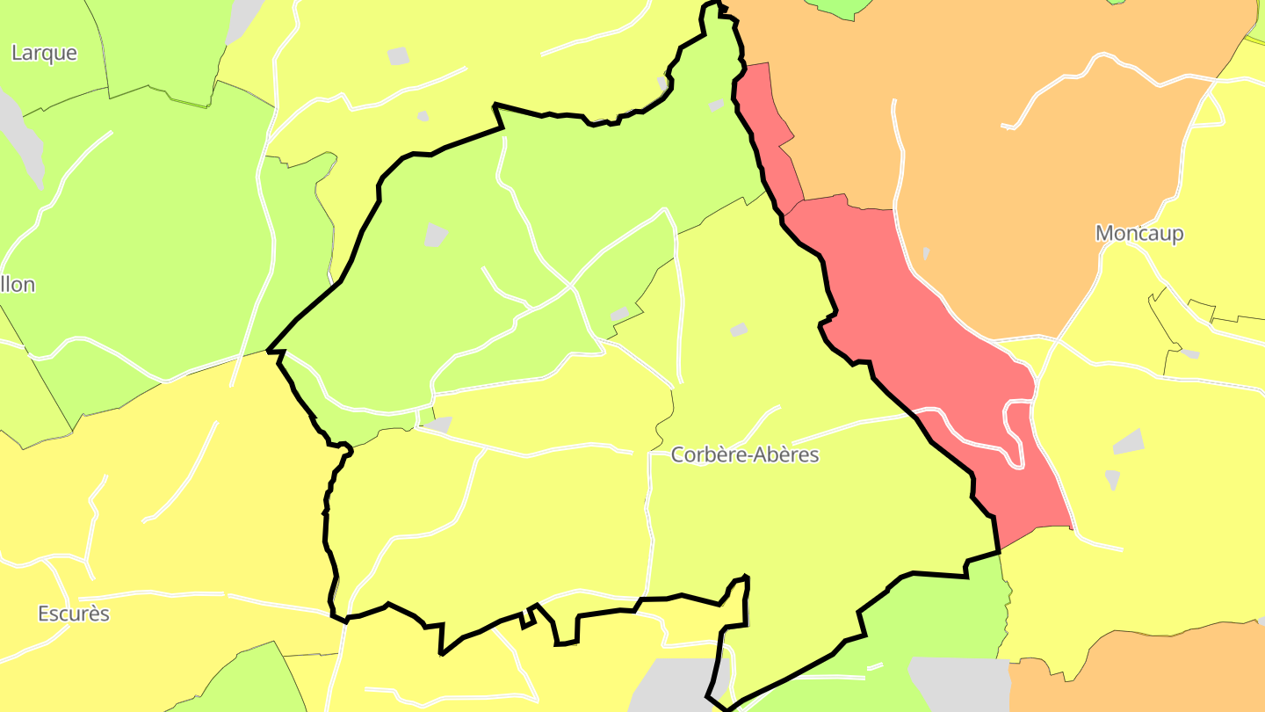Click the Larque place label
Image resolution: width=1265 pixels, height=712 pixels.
click(44, 53)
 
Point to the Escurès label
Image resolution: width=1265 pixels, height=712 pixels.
click(74, 614)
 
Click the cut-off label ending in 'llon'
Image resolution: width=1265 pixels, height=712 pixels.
click(18, 285)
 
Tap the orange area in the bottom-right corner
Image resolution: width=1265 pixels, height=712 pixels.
click(1160, 672)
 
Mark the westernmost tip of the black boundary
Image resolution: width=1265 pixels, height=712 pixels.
click(270, 351)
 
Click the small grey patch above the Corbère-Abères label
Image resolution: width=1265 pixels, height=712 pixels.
click(739, 330)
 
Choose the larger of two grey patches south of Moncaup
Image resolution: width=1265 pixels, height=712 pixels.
click(1130, 442)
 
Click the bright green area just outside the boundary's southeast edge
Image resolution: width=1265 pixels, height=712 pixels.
click(949, 615)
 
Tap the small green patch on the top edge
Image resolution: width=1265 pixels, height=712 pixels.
click(843, 7)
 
